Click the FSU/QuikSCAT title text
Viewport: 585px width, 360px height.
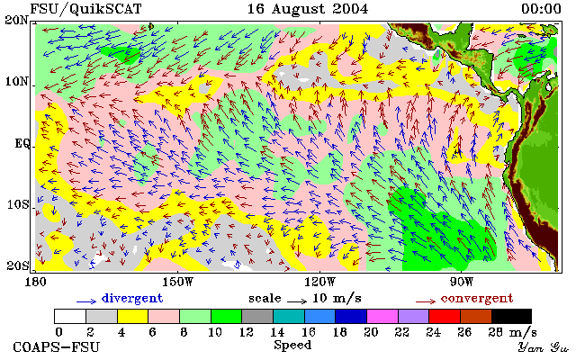point(85,9)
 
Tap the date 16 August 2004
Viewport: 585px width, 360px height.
point(308,9)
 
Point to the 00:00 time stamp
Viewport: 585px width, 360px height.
point(541,9)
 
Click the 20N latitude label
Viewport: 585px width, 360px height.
point(17,20)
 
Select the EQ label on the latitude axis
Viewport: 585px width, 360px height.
point(22,143)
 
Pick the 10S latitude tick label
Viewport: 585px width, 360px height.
point(18,205)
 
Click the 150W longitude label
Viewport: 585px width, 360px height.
point(178,282)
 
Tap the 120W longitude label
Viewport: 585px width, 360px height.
point(319,282)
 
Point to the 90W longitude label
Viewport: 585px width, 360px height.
point(462,282)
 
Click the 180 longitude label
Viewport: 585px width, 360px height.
point(35,282)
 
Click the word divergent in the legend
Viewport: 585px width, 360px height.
point(132,299)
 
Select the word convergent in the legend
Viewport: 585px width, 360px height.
point(477,299)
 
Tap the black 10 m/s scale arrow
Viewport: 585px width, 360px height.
point(297,301)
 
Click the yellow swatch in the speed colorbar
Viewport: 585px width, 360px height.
point(133,317)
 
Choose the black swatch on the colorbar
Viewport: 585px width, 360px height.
point(511,317)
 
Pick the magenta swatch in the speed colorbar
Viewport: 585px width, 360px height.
point(382,317)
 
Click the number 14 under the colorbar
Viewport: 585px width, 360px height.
point(277,332)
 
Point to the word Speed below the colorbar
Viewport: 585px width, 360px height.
point(292,346)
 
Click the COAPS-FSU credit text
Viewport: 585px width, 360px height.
point(57,347)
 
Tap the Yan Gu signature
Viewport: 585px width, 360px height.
point(543,347)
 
